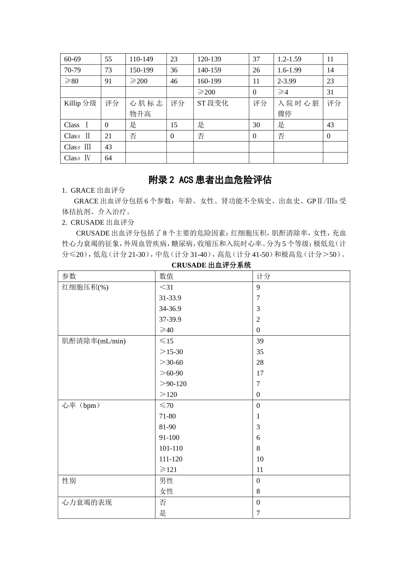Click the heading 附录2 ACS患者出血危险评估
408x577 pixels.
[x=210, y=180]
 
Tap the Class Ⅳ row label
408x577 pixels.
[x=78, y=158]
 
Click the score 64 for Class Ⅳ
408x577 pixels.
[x=108, y=158]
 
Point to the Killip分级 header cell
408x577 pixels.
[x=80, y=103]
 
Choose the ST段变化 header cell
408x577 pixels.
[x=213, y=103]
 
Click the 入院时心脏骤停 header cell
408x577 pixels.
[x=298, y=109]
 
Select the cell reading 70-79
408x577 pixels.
[x=73, y=70]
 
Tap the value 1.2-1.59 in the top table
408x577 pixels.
[x=289, y=59]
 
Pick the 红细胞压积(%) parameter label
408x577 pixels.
[x=85, y=287]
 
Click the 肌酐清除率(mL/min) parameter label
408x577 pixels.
[x=94, y=341]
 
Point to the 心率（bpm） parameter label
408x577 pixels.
[x=82, y=405]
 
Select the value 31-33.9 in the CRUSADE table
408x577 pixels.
[x=170, y=298]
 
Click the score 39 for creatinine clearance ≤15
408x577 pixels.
[x=260, y=341]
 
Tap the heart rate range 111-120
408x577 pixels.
[x=171, y=459]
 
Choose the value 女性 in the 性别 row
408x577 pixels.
[x=167, y=491]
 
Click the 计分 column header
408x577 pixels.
[x=263, y=276]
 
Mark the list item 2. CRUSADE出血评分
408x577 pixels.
[x=98, y=222]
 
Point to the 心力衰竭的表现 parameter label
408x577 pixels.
[x=87, y=502]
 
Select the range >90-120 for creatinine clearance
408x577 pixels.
[x=173, y=384]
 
